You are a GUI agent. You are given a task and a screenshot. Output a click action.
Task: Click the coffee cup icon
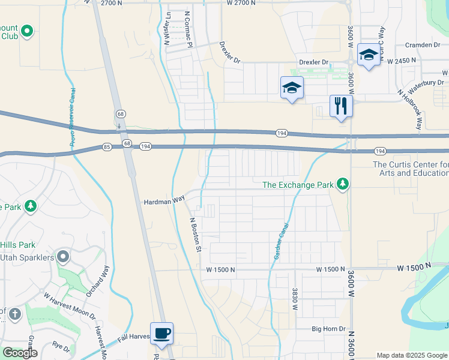coord(161,333)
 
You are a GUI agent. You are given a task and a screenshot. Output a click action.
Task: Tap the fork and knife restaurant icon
coord(340,107)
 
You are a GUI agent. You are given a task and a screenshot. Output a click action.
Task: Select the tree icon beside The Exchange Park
coord(343,184)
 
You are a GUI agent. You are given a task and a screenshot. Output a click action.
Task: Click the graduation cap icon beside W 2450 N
coord(368,55)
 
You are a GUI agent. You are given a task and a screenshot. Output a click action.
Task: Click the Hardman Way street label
coord(163,202)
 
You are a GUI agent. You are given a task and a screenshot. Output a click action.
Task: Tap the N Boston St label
coord(194,235)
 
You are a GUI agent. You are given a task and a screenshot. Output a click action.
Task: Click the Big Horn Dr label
coord(328,329)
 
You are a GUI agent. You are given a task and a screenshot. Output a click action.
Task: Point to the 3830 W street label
coord(295,298)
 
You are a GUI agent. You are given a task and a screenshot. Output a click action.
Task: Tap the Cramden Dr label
coord(422,45)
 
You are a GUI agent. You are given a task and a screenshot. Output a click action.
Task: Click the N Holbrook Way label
coord(411,110)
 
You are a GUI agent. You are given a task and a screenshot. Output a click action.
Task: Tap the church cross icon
coord(15,313)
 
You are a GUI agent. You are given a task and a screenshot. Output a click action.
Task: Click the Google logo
coord(20,353)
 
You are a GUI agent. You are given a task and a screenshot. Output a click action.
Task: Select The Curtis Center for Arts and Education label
coord(411,169)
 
